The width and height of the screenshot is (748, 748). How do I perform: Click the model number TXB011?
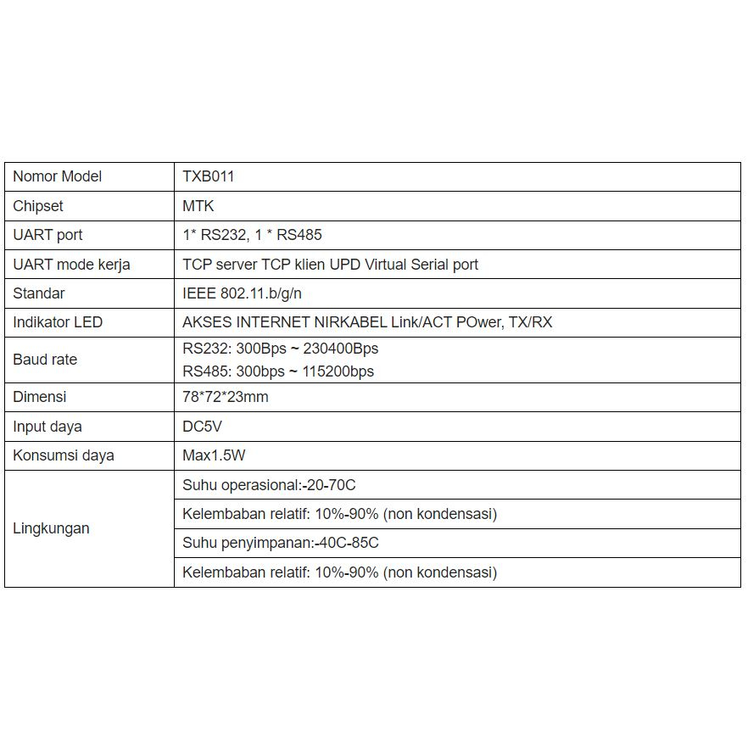(x=208, y=176)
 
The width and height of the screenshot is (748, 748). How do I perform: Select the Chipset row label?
(x=38, y=206)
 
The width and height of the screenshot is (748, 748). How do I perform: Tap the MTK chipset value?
(x=198, y=206)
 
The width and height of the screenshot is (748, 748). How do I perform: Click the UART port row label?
(x=47, y=235)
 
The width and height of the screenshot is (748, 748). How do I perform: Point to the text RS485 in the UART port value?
(x=299, y=235)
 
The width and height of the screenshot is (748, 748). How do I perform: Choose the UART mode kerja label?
(x=71, y=265)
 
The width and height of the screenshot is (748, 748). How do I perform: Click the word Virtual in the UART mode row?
(x=385, y=265)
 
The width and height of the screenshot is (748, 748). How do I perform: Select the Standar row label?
(x=39, y=293)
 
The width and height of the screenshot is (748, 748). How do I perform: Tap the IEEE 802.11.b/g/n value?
(x=242, y=293)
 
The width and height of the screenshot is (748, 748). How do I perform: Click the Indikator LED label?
(x=58, y=322)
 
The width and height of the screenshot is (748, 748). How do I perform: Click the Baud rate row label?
(x=45, y=360)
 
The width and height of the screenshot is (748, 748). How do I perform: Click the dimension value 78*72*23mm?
(x=226, y=397)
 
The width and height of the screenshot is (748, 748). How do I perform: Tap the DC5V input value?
(x=202, y=427)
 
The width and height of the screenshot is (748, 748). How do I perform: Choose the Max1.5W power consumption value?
(x=214, y=455)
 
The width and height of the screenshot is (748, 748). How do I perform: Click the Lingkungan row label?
(x=51, y=528)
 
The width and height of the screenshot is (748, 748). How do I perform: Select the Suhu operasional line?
(x=269, y=485)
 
